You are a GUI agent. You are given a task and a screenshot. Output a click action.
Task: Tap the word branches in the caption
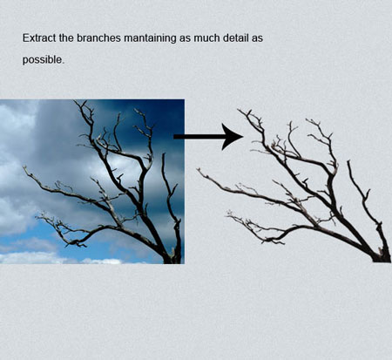(x=98, y=37)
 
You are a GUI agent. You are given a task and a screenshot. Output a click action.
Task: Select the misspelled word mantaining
(x=150, y=38)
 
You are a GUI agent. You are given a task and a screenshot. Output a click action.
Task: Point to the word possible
(x=43, y=60)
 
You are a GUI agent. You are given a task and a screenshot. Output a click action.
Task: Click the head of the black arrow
(x=233, y=136)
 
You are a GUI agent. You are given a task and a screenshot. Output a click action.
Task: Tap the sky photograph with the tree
(x=92, y=181)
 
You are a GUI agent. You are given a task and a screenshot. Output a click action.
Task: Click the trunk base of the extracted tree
(x=381, y=258)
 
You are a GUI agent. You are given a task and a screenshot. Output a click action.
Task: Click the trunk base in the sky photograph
(x=172, y=259)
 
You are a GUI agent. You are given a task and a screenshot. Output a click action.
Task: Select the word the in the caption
(x=66, y=37)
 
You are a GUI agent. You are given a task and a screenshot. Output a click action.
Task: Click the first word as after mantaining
(x=185, y=39)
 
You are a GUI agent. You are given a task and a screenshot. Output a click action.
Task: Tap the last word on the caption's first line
(x=257, y=39)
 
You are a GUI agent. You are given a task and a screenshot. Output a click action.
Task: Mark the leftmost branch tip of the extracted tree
(x=198, y=169)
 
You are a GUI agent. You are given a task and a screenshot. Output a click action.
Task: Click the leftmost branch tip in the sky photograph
(x=24, y=167)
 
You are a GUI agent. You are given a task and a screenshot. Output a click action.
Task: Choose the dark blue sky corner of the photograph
(x=172, y=111)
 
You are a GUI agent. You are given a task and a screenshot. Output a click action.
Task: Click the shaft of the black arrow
(x=198, y=137)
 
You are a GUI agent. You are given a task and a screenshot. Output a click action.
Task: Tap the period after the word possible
(x=62, y=63)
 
